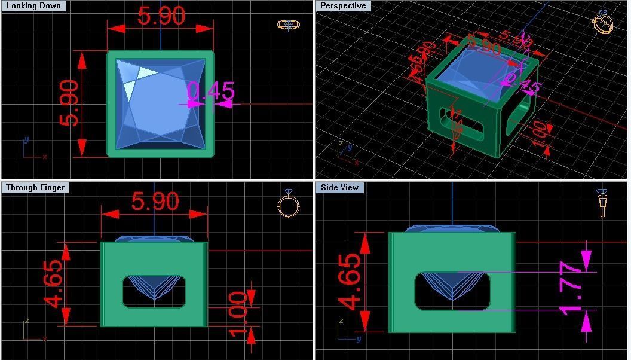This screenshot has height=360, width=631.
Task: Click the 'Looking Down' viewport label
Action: click(x=33, y=6)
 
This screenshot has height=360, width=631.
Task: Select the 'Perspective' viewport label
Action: click(x=343, y=6)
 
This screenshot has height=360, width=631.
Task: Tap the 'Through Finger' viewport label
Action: click(x=35, y=187)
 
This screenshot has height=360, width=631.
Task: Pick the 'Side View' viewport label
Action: click(x=339, y=187)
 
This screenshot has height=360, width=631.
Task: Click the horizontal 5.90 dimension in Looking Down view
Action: click(x=161, y=16)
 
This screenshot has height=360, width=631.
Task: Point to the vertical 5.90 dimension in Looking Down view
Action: click(x=69, y=103)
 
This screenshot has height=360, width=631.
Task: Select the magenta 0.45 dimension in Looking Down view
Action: click(x=210, y=91)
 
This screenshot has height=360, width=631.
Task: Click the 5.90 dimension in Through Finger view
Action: click(x=155, y=202)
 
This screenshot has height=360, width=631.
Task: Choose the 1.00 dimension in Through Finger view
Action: click(x=237, y=313)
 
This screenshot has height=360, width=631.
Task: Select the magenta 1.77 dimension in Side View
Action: click(x=572, y=288)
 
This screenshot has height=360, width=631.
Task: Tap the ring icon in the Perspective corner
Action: click(x=602, y=23)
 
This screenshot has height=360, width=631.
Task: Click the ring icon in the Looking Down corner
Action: click(x=289, y=25)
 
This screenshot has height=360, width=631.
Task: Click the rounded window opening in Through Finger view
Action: click(x=154, y=292)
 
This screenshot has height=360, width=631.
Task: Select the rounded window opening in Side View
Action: click(x=452, y=291)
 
